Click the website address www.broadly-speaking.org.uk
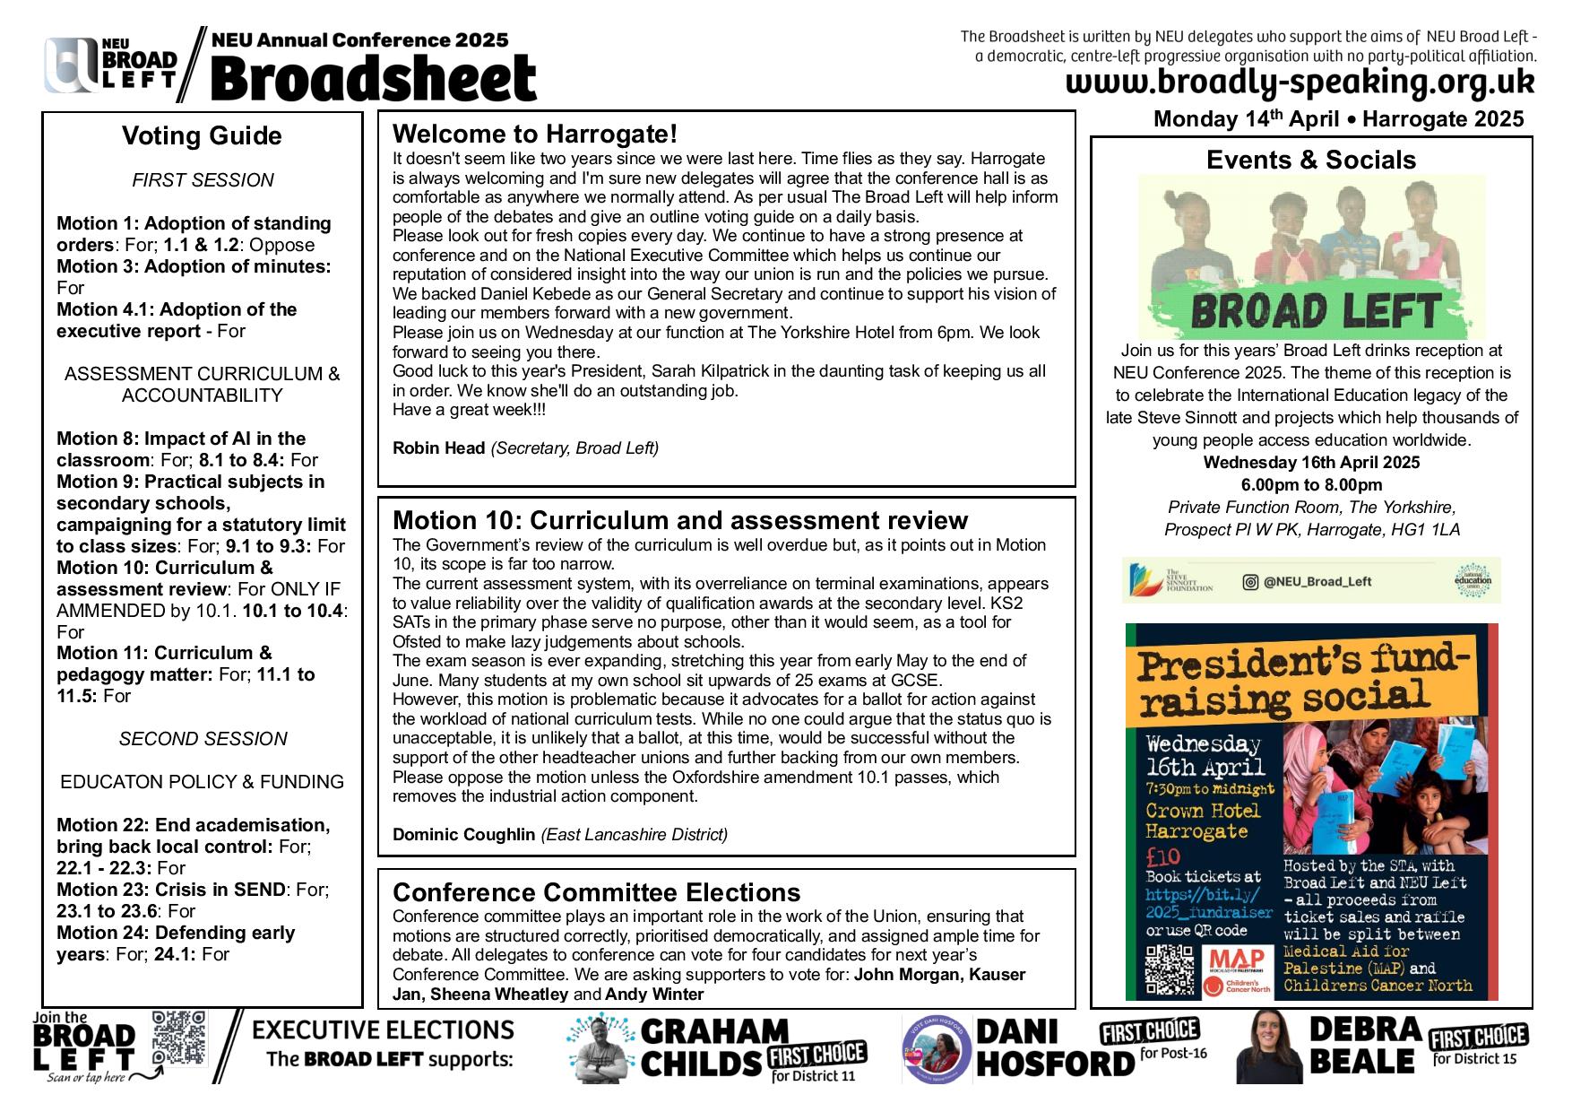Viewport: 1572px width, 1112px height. [x=1300, y=83]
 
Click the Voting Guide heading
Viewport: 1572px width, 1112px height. [x=202, y=136]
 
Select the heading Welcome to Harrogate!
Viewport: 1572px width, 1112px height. [x=535, y=135]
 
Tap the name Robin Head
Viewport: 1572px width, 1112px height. [x=438, y=448]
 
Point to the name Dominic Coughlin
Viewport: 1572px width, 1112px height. [x=463, y=835]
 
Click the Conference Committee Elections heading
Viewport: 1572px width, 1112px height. [x=596, y=892]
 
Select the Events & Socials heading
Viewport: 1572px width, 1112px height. [x=1310, y=160]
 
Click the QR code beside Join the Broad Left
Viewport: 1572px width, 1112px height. [x=179, y=1038]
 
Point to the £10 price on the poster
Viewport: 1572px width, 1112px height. [x=1163, y=856]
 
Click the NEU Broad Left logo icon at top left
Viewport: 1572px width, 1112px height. [x=72, y=65]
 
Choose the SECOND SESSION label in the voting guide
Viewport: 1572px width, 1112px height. [x=203, y=739]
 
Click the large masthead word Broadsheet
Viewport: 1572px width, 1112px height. [x=373, y=79]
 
